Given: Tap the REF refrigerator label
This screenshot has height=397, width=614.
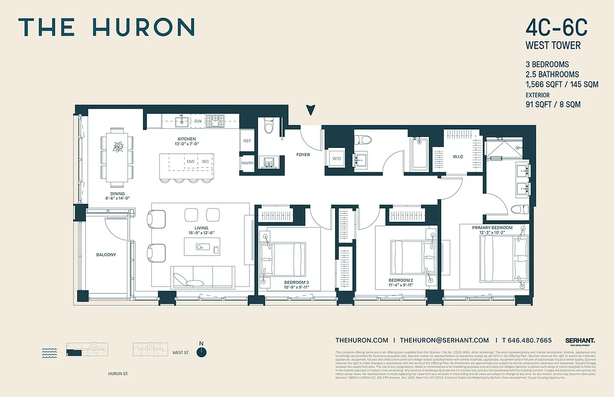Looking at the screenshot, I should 247,141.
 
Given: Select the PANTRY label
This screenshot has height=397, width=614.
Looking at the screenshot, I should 247,163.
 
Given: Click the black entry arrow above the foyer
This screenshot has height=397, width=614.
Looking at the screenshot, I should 311,110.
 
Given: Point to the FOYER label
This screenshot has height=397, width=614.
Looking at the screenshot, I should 303,155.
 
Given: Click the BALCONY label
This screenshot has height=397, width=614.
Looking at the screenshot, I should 106,255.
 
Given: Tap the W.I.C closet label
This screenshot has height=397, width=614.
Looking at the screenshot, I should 458,157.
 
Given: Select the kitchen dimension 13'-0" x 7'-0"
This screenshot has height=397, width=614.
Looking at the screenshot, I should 187,144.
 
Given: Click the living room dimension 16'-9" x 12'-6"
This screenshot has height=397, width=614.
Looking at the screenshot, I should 202,233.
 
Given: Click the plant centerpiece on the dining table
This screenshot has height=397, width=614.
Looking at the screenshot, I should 118,147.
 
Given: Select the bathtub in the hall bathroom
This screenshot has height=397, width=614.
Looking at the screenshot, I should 420,154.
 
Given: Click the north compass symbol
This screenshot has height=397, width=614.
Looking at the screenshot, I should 201,351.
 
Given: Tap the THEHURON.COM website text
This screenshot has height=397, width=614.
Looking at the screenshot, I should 361,340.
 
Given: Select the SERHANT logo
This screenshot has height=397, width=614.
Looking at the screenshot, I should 580,340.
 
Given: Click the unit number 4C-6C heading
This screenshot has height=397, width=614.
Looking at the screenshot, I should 556,29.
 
